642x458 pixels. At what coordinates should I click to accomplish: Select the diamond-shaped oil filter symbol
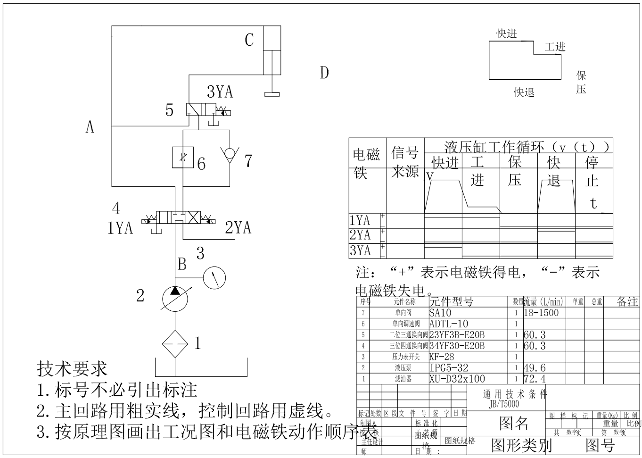pyautogui.click(x=175, y=343)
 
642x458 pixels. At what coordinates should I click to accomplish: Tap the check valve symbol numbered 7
pyautogui.click(x=229, y=154)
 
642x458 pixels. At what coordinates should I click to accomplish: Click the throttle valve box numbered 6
pyautogui.click(x=183, y=158)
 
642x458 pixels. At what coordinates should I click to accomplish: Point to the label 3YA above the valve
pyautogui.click(x=220, y=92)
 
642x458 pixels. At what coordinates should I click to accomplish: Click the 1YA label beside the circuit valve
pyautogui.click(x=120, y=228)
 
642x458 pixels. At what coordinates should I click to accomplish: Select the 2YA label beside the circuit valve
pyautogui.click(x=238, y=228)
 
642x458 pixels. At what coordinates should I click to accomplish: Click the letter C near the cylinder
pyautogui.click(x=249, y=40)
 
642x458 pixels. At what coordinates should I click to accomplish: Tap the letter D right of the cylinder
pyautogui.click(x=324, y=73)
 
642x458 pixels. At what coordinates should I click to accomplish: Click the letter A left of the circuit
pyautogui.click(x=90, y=127)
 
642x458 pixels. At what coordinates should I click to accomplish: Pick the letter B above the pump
pyautogui.click(x=182, y=264)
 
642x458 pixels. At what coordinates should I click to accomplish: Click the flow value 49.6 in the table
pyautogui.click(x=535, y=368)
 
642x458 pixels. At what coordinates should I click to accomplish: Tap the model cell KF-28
pyautogui.click(x=442, y=357)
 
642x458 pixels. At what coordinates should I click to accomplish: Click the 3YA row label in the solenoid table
pyautogui.click(x=360, y=250)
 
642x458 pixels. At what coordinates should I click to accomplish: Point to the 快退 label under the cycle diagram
pyautogui.click(x=524, y=92)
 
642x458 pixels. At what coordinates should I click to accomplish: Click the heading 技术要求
pyautogui.click(x=72, y=369)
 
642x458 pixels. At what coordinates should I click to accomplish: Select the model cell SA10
pyautogui.click(x=440, y=313)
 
